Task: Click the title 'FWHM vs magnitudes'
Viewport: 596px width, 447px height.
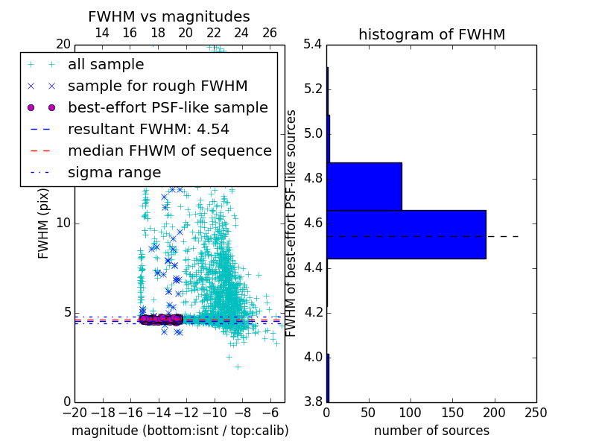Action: coord(169,16)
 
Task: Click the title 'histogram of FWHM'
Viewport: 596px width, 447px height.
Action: coord(431,34)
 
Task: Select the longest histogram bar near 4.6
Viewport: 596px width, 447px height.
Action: coord(406,234)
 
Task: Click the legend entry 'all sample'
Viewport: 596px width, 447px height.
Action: coord(106,65)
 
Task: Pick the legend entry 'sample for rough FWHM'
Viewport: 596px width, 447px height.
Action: coord(157,86)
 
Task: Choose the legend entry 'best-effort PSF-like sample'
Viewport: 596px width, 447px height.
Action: coord(168,108)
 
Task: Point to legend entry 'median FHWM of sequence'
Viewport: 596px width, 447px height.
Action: coord(169,151)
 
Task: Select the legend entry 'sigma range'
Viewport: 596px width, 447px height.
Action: coord(114,173)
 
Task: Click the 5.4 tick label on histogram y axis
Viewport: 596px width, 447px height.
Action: coord(313,45)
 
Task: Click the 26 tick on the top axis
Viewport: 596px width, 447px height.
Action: coord(270,34)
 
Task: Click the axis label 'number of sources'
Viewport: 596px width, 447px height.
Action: coord(431,431)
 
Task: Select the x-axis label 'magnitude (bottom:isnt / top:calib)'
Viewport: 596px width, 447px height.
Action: coord(180,431)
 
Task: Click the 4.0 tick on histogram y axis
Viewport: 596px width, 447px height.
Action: coord(313,358)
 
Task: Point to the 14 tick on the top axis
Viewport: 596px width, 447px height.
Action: coord(102,34)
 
